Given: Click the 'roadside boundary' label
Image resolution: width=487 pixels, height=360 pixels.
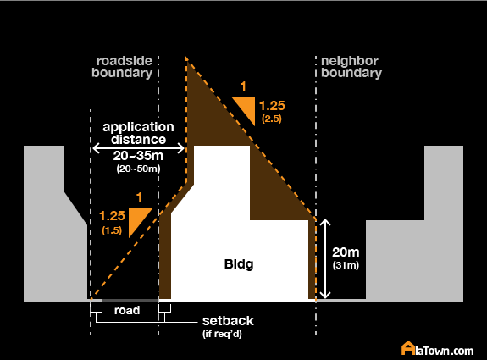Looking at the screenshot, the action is click(122, 67).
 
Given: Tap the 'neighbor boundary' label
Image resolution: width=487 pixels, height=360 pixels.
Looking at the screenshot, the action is click(351, 67).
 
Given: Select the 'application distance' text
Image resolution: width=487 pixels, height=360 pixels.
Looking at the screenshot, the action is click(138, 133).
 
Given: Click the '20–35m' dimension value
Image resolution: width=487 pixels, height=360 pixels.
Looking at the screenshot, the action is click(138, 156).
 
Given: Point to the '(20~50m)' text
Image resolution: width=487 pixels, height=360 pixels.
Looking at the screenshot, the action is click(138, 169).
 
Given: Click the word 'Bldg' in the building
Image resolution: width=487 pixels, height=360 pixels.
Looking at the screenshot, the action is click(239, 264).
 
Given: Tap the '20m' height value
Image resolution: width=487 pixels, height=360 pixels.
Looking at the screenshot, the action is click(346, 252).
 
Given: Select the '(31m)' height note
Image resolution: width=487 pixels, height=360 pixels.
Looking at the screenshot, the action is click(346, 266).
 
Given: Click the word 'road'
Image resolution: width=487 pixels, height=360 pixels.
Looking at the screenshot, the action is click(127, 310).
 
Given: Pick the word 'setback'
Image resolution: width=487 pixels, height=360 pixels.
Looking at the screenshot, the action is click(228, 321).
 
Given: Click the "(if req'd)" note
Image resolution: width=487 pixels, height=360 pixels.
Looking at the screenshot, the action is click(222, 334).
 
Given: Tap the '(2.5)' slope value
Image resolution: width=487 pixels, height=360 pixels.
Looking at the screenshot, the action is click(272, 119).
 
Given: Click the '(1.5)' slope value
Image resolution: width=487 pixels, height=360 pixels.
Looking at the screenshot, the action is click(112, 230).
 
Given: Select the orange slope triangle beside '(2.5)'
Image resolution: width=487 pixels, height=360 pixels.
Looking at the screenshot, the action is click(247, 107).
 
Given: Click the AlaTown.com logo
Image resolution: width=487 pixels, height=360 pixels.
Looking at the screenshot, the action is click(437, 348).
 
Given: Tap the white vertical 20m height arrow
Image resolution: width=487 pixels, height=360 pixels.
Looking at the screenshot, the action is click(325, 258).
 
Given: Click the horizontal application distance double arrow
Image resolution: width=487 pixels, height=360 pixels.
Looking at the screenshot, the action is click(139, 148).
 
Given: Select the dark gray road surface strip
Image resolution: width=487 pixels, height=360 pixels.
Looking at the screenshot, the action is click(130, 301).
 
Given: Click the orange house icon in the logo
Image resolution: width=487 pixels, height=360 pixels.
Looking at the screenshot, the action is click(407, 348).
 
